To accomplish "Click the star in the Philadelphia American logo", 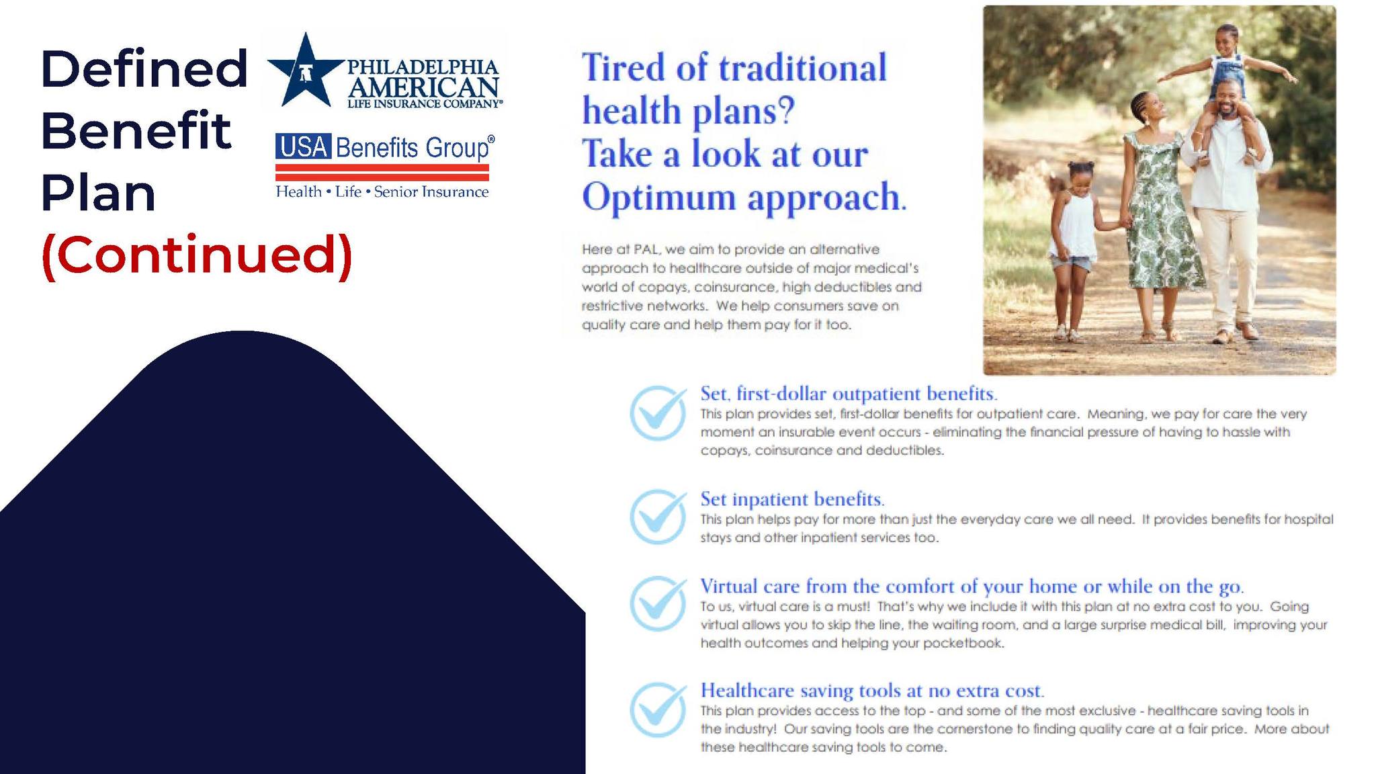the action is tap(306, 71).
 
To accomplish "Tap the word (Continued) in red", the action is tap(197, 256).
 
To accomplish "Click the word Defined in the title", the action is tap(144, 69).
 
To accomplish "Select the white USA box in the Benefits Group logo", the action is tap(303, 146).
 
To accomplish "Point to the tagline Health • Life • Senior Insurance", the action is tap(382, 192).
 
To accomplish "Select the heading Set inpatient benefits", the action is tap(792, 499).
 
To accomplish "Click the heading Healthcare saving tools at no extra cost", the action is tap(872, 691).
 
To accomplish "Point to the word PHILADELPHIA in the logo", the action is tap(423, 67).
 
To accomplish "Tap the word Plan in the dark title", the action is tap(99, 193).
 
